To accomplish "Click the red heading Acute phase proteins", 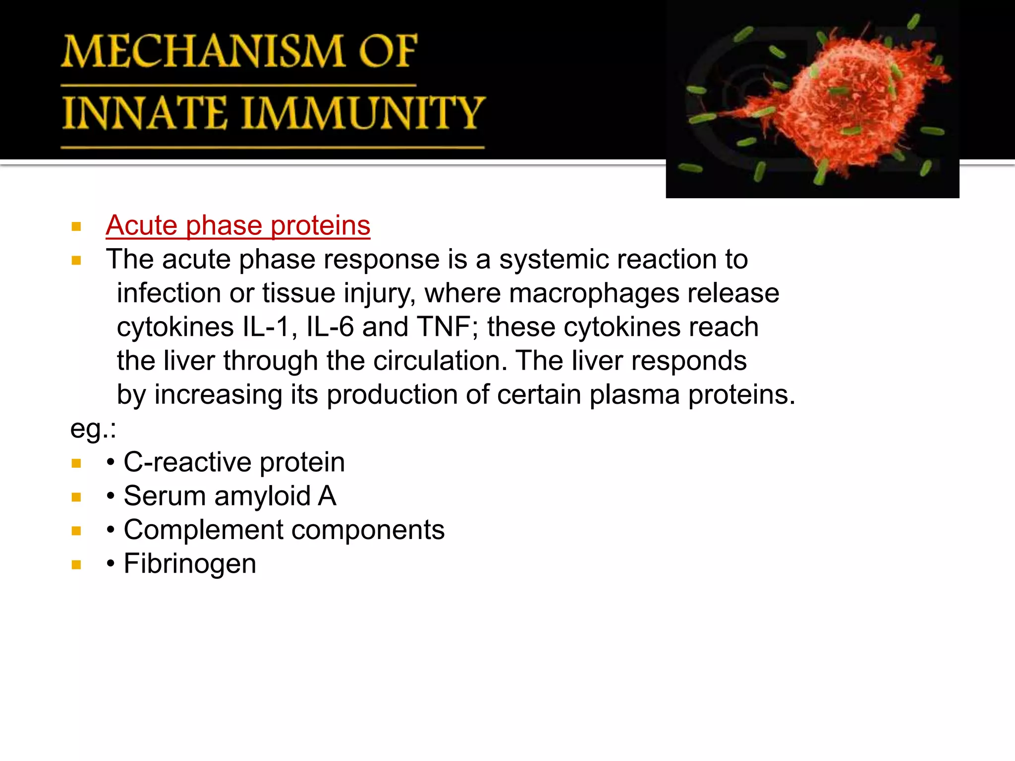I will (238, 225).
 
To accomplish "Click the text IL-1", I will (266, 327).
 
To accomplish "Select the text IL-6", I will (330, 327).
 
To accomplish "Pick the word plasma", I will (634, 395).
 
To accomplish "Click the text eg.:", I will (93, 429).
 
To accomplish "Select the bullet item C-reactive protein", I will (234, 462).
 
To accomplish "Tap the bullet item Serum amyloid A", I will (230, 496).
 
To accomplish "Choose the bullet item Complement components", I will (283, 530).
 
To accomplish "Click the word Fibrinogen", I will (190, 564).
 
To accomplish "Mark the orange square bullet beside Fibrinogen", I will (76, 564).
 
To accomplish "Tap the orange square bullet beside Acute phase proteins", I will (76, 227).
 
